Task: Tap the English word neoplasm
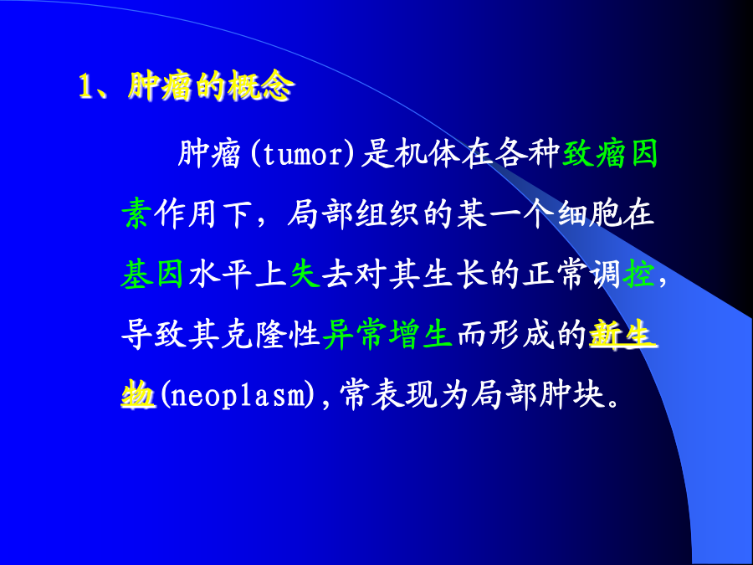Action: [x=238, y=396]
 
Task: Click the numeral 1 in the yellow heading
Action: [x=85, y=87]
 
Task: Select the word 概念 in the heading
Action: [x=260, y=86]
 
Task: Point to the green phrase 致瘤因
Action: [x=609, y=154]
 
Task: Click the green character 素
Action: [x=137, y=213]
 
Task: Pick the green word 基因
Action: [x=152, y=275]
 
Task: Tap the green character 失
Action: [x=305, y=275]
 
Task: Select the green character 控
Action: [x=638, y=275]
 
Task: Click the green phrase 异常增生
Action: [x=387, y=334]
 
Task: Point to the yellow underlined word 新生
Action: [x=622, y=333]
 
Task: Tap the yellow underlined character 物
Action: [x=138, y=395]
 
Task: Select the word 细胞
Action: [x=589, y=213]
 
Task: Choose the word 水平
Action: [x=220, y=275]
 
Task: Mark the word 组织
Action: [x=387, y=213]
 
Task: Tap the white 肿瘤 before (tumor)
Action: [x=209, y=154]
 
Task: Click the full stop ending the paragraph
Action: [x=612, y=403]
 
